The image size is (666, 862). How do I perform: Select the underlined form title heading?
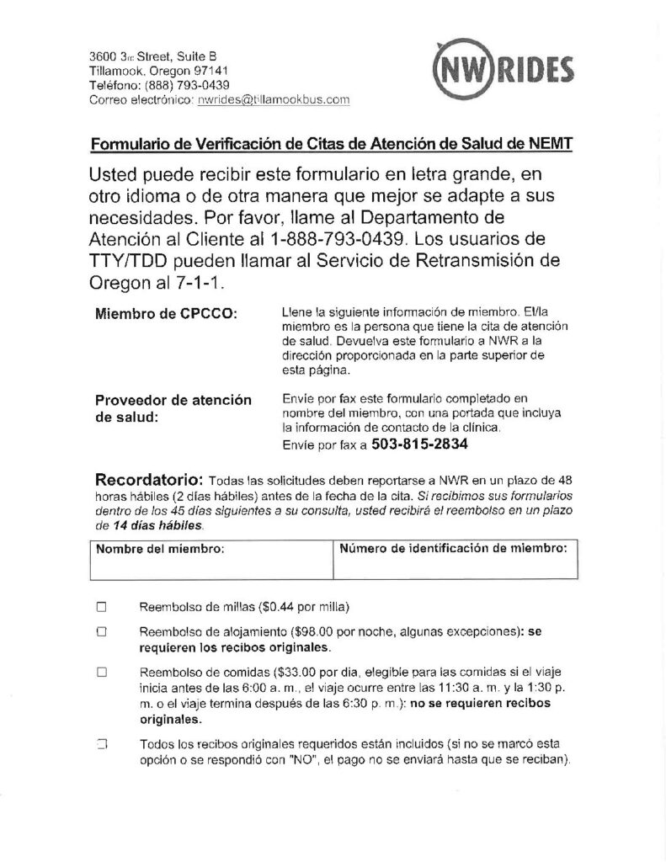332,144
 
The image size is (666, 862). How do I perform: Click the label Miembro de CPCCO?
167,314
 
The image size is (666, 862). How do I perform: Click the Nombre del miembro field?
210,560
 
